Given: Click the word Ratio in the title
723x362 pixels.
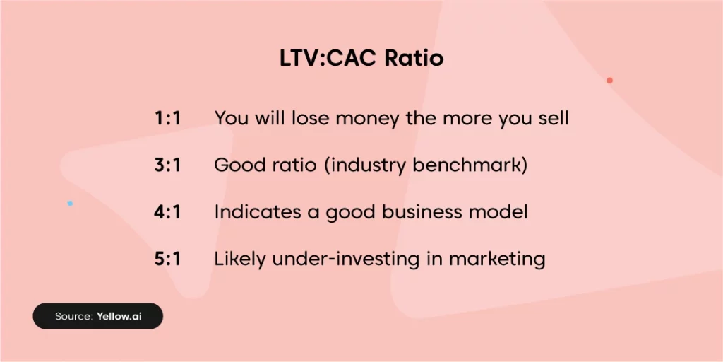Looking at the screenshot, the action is [x=414, y=59].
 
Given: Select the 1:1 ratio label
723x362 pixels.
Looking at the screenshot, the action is [x=167, y=119].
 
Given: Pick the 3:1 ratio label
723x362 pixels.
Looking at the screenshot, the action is [x=167, y=165].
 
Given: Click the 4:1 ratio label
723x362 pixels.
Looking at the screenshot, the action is [x=167, y=212].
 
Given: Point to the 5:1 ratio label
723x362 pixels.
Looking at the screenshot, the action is [x=167, y=259].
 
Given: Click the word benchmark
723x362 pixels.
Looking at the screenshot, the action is [x=470, y=165].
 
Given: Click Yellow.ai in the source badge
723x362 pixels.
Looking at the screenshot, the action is [x=119, y=316].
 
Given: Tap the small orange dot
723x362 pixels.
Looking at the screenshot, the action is [x=609, y=81].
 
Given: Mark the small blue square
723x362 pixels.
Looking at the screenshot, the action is [x=70, y=203].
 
